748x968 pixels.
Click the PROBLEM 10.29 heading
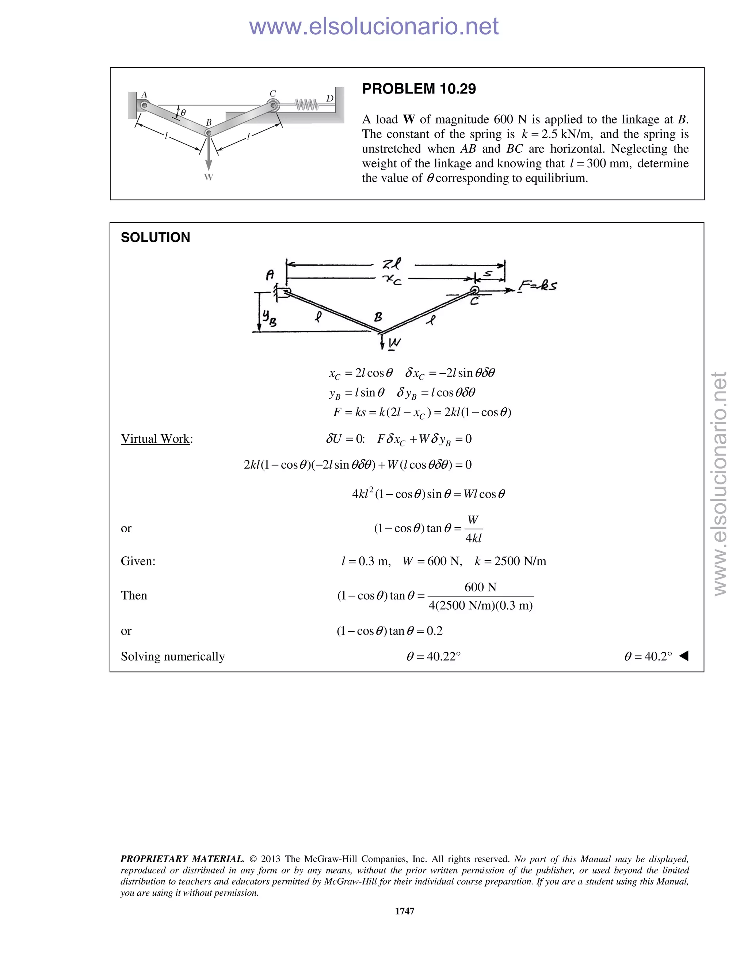[x=419, y=89]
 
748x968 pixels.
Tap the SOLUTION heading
[x=155, y=237]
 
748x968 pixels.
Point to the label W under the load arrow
[x=208, y=177]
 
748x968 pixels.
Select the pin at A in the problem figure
[x=144, y=106]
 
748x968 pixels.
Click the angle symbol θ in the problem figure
[x=183, y=113]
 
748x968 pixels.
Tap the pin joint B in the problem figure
[x=208, y=133]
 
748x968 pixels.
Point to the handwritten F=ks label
[x=537, y=285]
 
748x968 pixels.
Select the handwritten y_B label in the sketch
[x=268, y=318]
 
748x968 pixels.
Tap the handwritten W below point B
[x=394, y=343]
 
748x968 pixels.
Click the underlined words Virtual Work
[x=155, y=439]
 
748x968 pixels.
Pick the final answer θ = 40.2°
[x=648, y=656]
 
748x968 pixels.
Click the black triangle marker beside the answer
[x=684, y=656]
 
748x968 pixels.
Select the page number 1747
[x=405, y=911]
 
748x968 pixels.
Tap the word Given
[x=138, y=561]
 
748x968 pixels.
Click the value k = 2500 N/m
[x=510, y=561]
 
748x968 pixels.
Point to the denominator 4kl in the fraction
[x=473, y=538]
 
